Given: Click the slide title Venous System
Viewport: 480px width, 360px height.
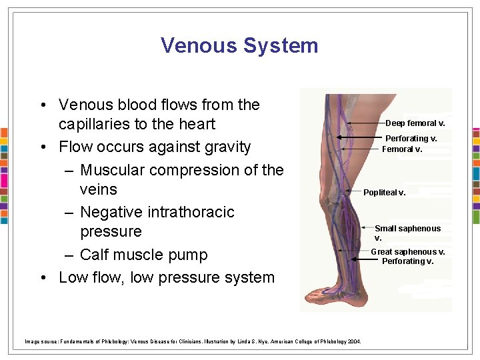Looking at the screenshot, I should pyautogui.click(x=239, y=45).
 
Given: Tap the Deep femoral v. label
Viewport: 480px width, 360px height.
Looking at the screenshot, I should pyautogui.click(x=415, y=123).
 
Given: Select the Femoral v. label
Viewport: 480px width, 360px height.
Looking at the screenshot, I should pyautogui.click(x=402, y=149).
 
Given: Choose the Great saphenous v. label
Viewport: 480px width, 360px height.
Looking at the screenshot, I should pyautogui.click(x=407, y=252).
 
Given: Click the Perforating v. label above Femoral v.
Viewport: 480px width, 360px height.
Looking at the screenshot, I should pyautogui.click(x=411, y=139).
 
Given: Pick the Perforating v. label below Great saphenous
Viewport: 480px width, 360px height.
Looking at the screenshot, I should pyautogui.click(x=407, y=261).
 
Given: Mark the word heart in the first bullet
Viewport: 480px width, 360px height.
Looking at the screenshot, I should pyautogui.click(x=195, y=125).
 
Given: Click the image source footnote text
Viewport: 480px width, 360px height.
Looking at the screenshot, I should pyautogui.click(x=193, y=341).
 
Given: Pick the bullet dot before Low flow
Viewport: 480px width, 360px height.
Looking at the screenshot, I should pyautogui.click(x=42, y=278).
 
